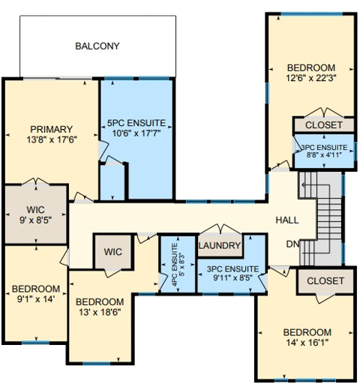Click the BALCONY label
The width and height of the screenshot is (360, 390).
click(97, 46)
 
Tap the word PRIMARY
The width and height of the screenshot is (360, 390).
click(52, 128)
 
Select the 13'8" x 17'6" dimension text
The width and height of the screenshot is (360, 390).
click(52, 139)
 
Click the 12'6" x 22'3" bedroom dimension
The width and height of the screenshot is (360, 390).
click(310, 76)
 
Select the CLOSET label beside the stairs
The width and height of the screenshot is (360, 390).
click(325, 281)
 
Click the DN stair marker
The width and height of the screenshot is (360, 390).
click(293, 244)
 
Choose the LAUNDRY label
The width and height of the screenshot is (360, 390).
click(220, 246)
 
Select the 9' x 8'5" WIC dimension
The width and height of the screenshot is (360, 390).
click(31, 221)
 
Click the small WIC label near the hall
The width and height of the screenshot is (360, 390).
click(113, 251)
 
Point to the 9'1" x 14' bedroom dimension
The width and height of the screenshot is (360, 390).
click(35, 299)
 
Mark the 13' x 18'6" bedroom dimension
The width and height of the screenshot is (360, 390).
click(100, 311)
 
